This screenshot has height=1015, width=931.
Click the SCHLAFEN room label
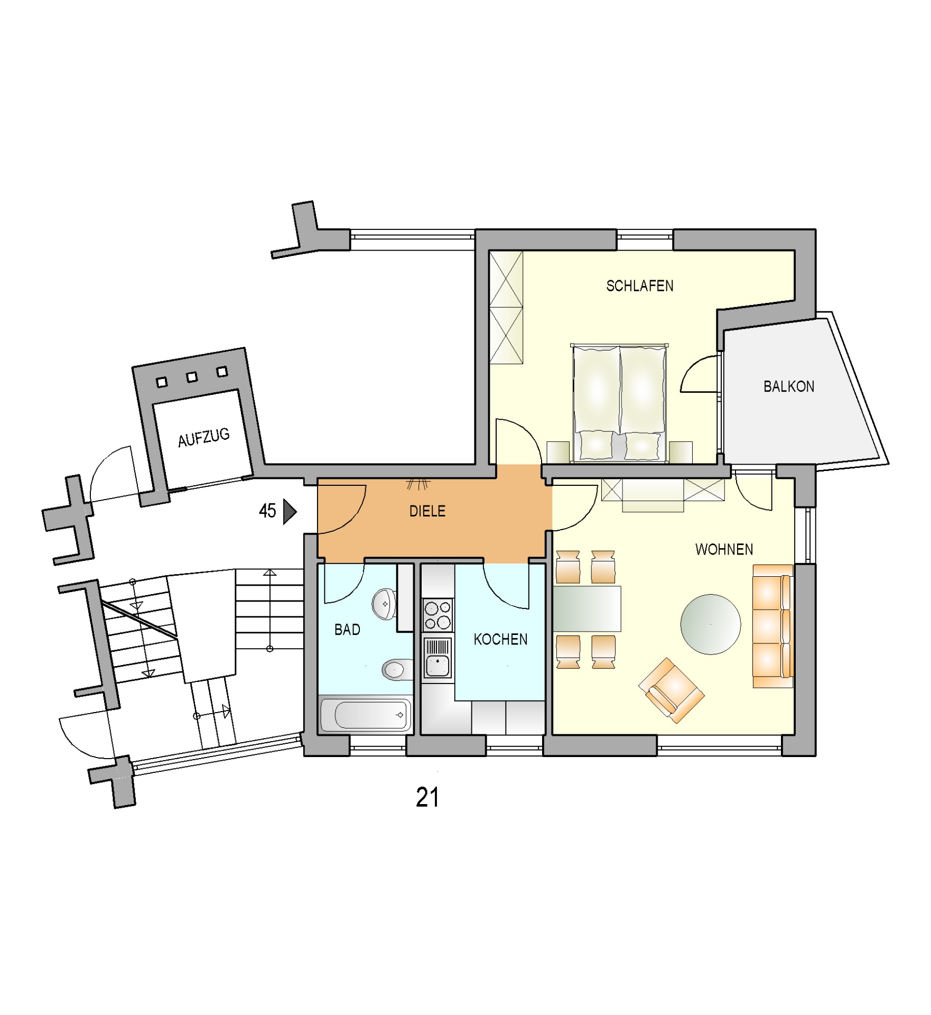click(x=639, y=286)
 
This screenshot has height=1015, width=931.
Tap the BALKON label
click(x=788, y=386)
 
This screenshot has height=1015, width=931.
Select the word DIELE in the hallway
click(x=427, y=511)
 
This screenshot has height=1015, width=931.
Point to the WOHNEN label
click(x=724, y=549)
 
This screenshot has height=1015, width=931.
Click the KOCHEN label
click(x=500, y=640)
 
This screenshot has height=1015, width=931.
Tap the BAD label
click(x=347, y=630)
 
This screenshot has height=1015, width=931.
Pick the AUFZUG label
click(x=204, y=438)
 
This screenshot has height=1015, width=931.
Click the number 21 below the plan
click(x=427, y=798)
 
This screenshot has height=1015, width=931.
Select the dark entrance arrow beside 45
click(x=290, y=511)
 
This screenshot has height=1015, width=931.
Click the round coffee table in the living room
click(x=711, y=624)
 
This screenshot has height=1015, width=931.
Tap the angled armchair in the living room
click(x=671, y=690)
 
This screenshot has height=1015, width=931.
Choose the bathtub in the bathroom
click(x=366, y=715)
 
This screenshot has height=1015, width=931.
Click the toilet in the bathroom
click(x=397, y=670)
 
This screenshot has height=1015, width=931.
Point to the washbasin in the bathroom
click(x=384, y=604)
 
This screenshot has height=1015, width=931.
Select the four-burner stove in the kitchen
click(x=437, y=615)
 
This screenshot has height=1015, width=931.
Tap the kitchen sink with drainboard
click(x=437, y=658)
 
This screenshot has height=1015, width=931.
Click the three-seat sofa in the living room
click(x=772, y=626)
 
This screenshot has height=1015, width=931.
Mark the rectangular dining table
click(x=586, y=608)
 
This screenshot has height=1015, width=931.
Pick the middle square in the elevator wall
click(x=192, y=376)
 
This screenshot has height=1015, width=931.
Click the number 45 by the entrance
click(x=267, y=511)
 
